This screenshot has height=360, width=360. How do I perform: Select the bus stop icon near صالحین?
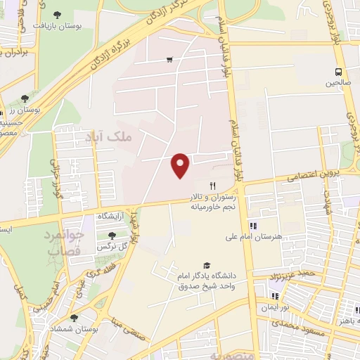(x=340, y=72)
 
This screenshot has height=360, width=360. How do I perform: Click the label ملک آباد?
(x=112, y=136)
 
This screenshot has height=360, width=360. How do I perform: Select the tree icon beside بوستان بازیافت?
(x=58, y=14)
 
